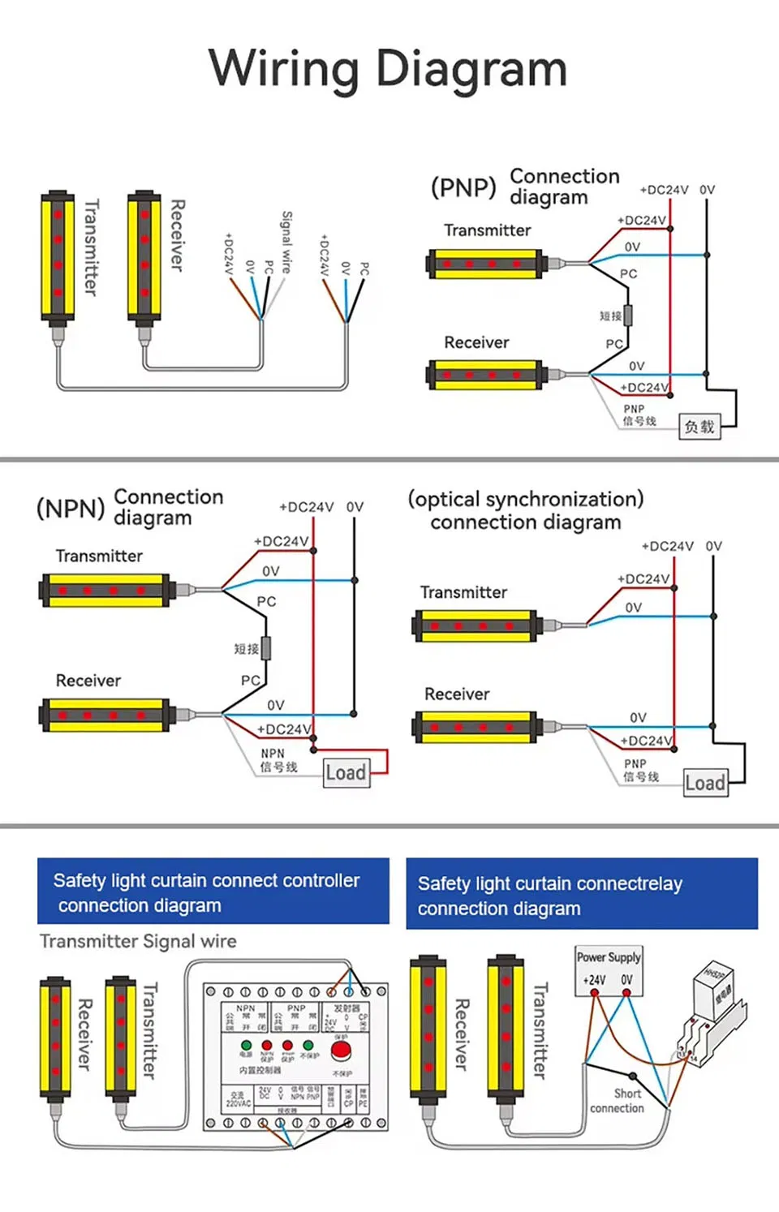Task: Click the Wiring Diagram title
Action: (388, 68)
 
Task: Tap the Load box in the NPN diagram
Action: (346, 772)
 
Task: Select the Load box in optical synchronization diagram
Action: (705, 783)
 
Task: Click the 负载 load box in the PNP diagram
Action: (699, 426)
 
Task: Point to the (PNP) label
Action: (463, 187)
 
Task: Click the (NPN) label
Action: (71, 509)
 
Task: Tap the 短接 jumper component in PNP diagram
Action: (627, 316)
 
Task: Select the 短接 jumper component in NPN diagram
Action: (265, 648)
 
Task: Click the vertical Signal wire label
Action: (286, 242)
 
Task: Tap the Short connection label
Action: (618, 1101)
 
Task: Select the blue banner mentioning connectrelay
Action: (582, 894)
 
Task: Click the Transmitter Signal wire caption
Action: (138, 941)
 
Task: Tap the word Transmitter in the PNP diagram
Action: (487, 230)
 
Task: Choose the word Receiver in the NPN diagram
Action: (88, 681)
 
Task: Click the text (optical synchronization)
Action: (526, 499)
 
